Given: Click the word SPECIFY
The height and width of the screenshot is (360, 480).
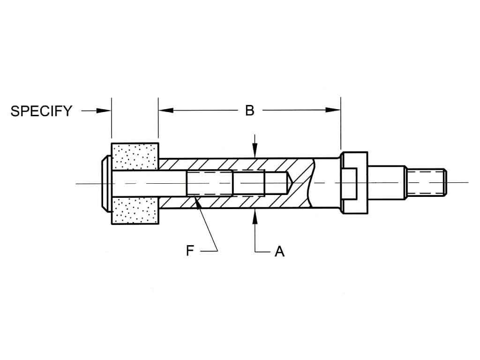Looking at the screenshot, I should [41, 111].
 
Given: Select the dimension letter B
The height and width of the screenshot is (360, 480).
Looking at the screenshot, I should [250, 111].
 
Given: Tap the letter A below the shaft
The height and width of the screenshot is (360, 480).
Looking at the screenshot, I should [279, 252].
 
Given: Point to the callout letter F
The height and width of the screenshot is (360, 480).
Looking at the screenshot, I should [190, 251].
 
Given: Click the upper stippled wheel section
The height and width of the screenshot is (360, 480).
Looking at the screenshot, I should [135, 157].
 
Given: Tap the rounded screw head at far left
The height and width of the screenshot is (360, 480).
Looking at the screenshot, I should [106, 183].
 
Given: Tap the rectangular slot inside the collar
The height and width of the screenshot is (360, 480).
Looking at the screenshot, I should [350, 182].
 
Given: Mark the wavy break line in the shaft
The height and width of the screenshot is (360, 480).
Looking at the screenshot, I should [312, 183].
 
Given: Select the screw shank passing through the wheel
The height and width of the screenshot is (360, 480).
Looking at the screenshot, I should [141, 182].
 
